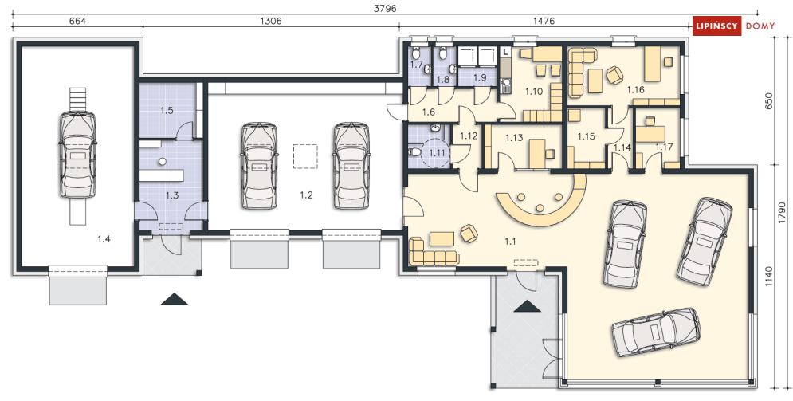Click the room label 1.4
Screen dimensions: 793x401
click(104, 239)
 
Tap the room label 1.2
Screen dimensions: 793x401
click(307, 195)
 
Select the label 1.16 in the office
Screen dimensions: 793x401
click(635, 90)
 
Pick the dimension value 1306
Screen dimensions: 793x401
click(270, 22)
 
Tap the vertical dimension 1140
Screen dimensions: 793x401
click(784, 277)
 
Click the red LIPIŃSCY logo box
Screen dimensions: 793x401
click(716, 26)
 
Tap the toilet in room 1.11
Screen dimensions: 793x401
click(414, 151)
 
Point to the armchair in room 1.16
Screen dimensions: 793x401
click(615, 75)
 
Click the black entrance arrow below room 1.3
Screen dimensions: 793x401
click(175, 299)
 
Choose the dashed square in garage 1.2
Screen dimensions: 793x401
click(305, 157)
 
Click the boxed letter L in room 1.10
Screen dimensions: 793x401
click(505, 52)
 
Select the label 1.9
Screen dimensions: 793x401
click(480, 78)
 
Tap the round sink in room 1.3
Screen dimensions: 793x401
click(163, 162)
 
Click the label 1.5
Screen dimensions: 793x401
click(167, 110)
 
